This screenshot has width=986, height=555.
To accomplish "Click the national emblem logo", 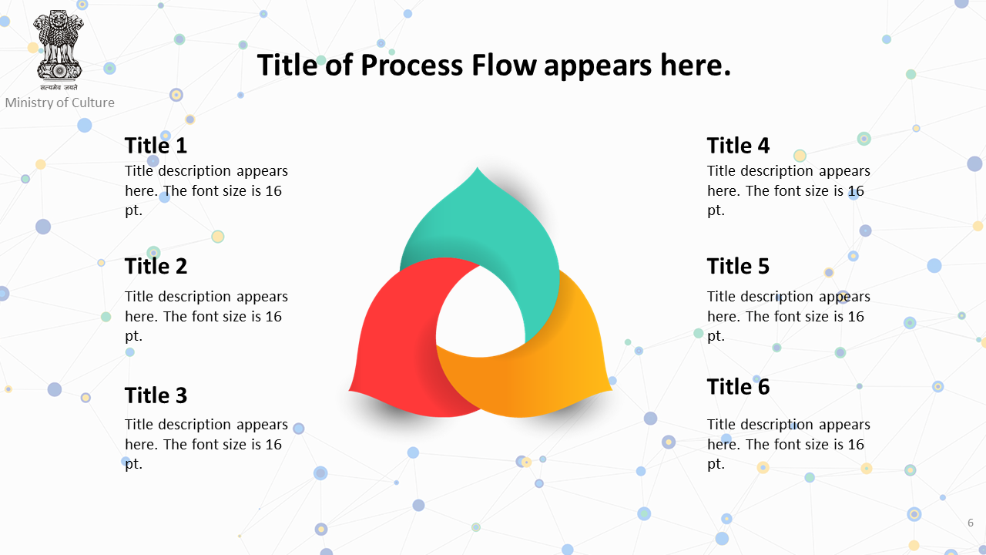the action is click(x=59, y=50).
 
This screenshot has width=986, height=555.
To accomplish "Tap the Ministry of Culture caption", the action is click(x=60, y=103).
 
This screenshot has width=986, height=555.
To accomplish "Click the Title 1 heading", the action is click(x=156, y=146).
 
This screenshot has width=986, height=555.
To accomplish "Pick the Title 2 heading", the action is click(x=156, y=266).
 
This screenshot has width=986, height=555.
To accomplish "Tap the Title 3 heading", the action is click(x=156, y=395).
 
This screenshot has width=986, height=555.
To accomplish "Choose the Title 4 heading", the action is click(x=738, y=146).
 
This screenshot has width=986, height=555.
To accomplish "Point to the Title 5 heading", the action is click(x=738, y=266).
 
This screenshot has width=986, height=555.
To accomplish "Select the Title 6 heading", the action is click(x=738, y=386).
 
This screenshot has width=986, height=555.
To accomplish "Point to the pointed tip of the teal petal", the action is click(x=478, y=167).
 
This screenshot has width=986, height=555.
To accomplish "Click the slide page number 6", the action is click(x=970, y=523).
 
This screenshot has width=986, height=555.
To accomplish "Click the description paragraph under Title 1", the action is click(x=206, y=190).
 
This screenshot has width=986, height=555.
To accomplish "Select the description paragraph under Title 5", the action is click(x=788, y=316).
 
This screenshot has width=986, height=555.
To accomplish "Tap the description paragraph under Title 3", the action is click(x=206, y=443).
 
